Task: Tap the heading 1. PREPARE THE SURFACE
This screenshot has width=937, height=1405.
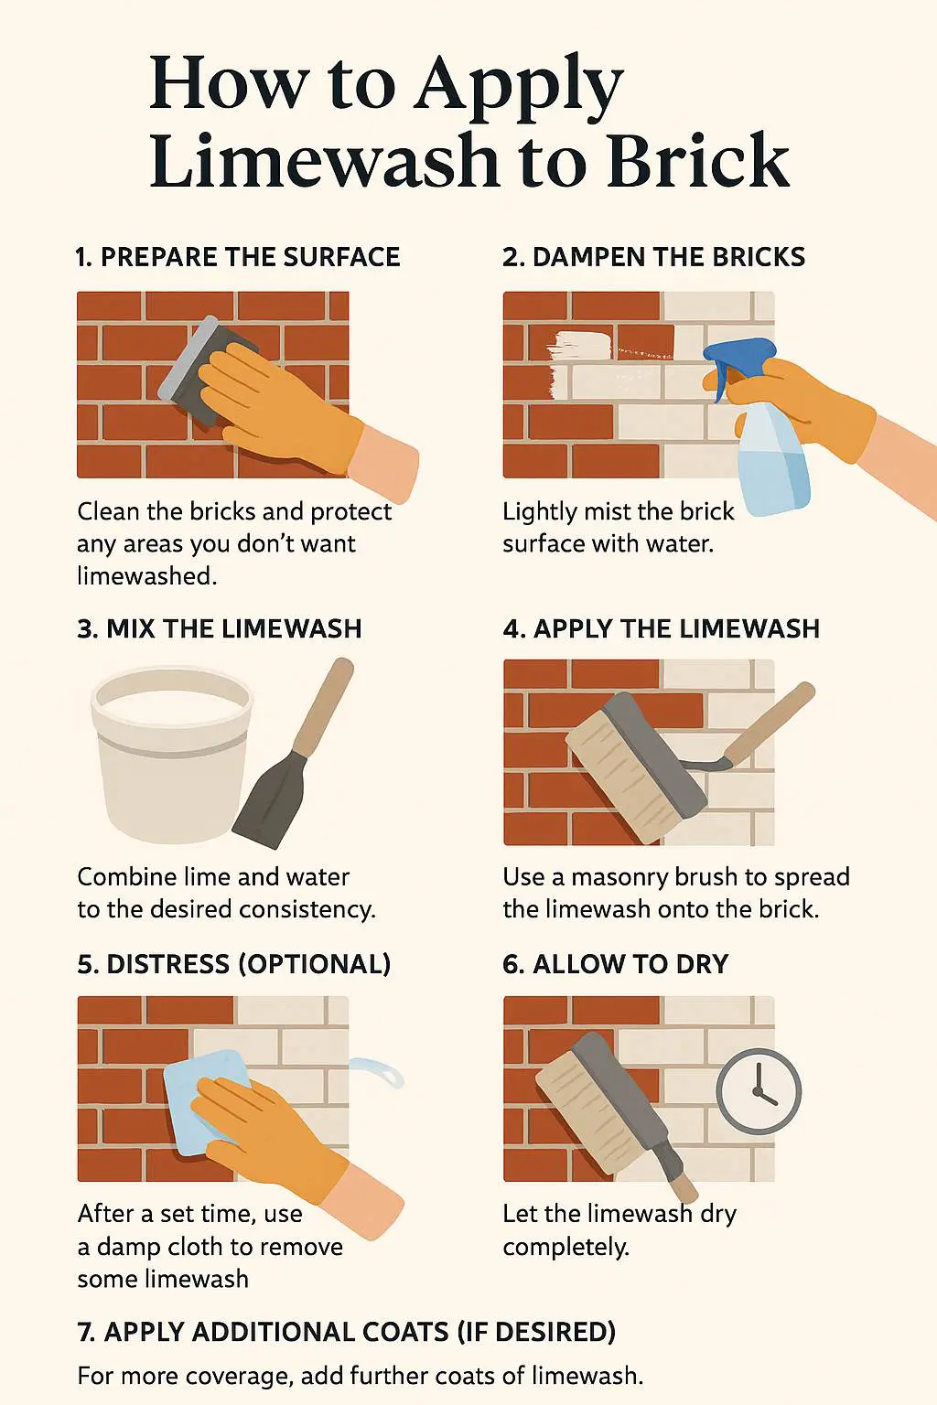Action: [x=238, y=257]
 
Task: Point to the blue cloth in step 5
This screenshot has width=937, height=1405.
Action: [x=205, y=1102]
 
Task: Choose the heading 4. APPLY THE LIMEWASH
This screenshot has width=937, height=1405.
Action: [x=661, y=628]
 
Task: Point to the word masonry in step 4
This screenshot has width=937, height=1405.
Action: [x=619, y=877]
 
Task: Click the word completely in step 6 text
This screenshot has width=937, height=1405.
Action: [x=565, y=1247]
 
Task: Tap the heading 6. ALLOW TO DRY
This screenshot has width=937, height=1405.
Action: [x=615, y=964]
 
